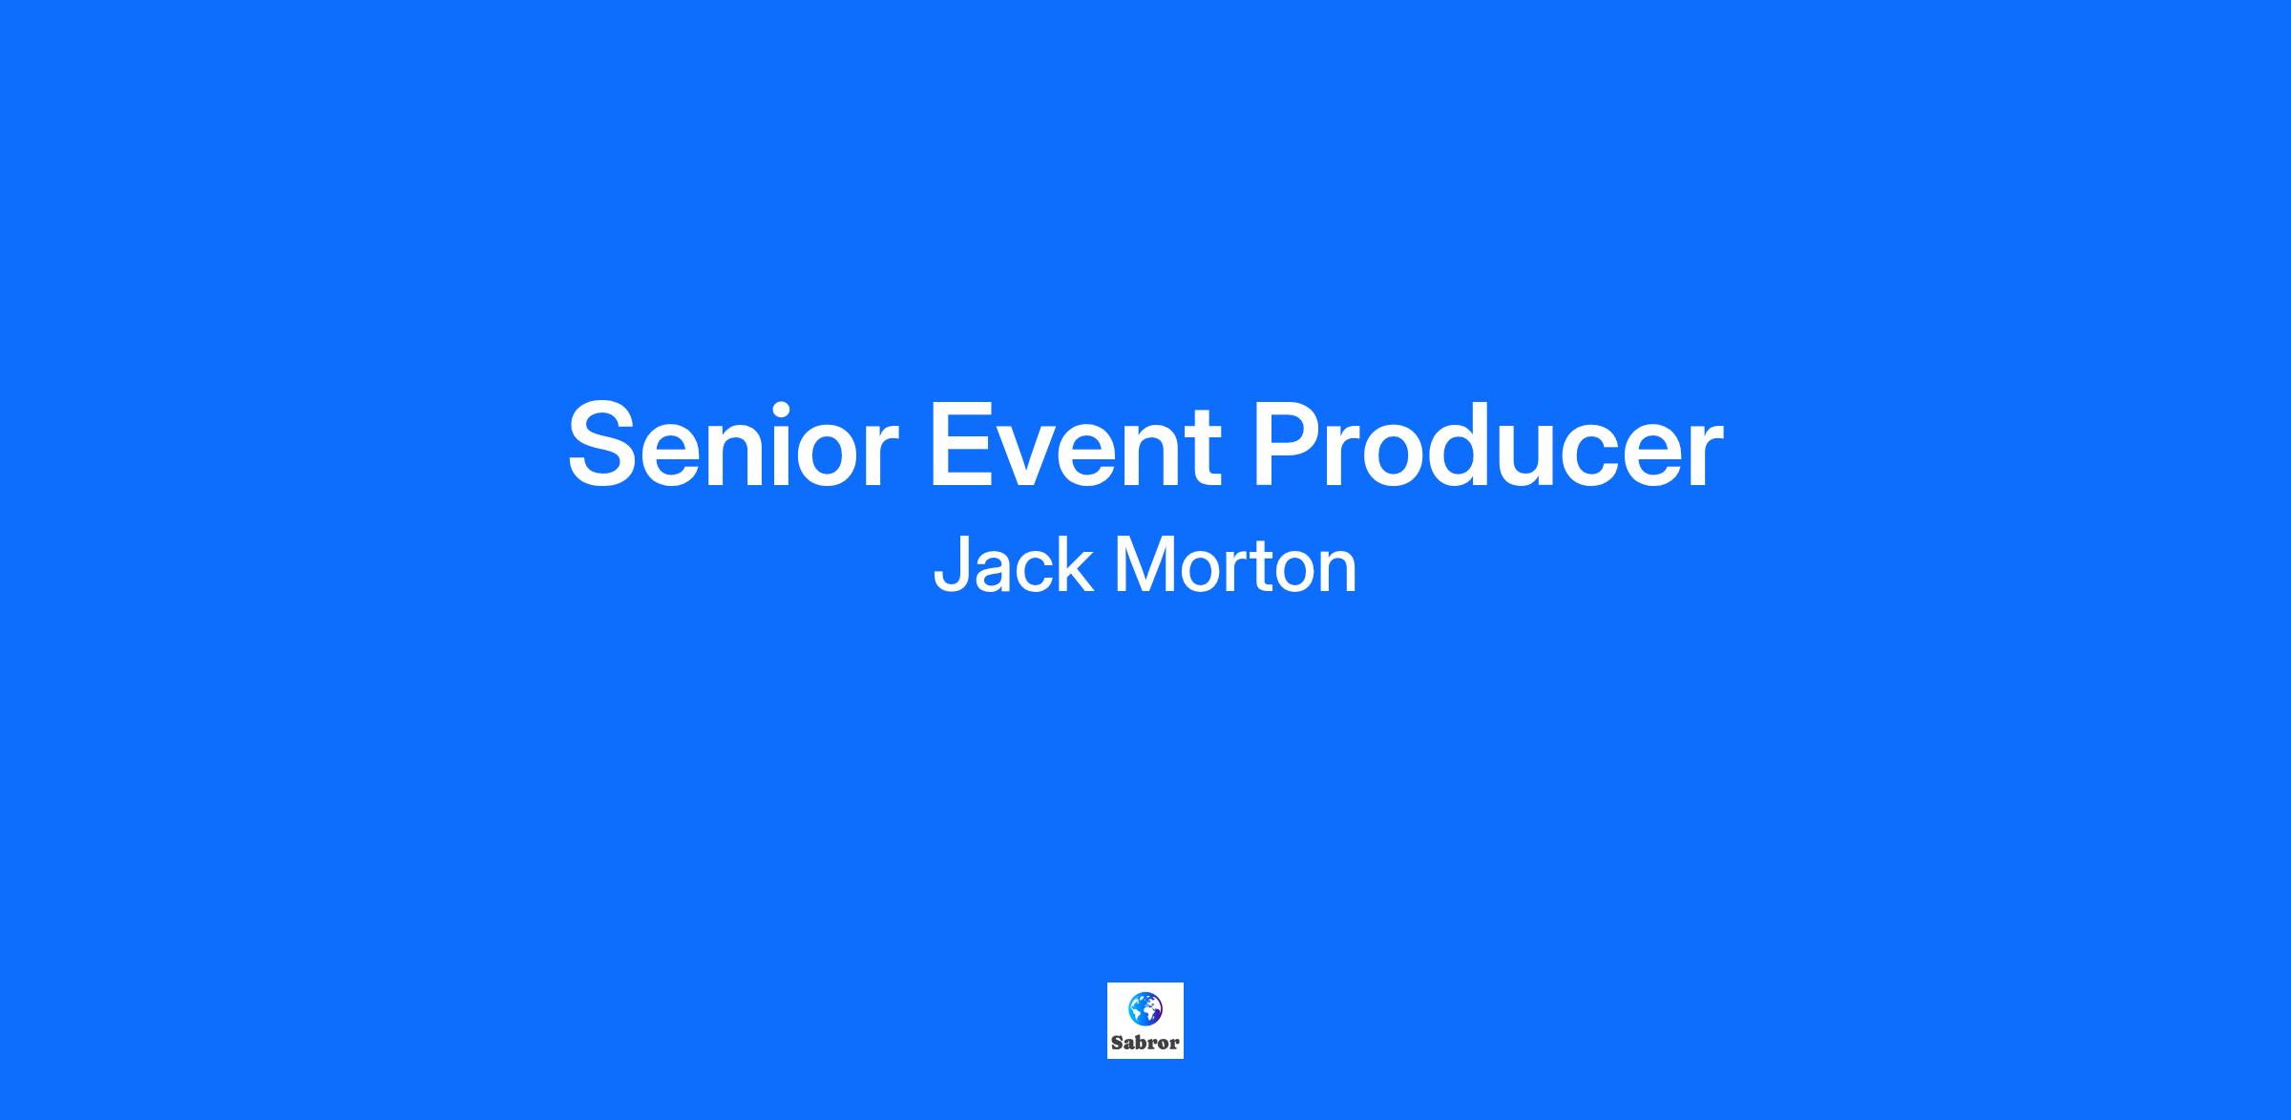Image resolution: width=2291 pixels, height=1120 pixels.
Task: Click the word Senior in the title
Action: tap(733, 445)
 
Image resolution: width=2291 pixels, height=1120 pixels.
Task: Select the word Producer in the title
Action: tap(1487, 445)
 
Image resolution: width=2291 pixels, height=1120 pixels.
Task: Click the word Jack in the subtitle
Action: tap(1012, 564)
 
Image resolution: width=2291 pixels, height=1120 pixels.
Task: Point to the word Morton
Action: tap(1235, 564)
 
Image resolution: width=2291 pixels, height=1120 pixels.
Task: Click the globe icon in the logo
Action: tap(1145, 1008)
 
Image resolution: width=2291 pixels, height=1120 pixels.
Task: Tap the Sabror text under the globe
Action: tap(1145, 1043)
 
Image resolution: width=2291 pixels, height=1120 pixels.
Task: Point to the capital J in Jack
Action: tap(951, 564)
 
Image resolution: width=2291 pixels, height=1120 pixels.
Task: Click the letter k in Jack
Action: tap(1076, 563)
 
